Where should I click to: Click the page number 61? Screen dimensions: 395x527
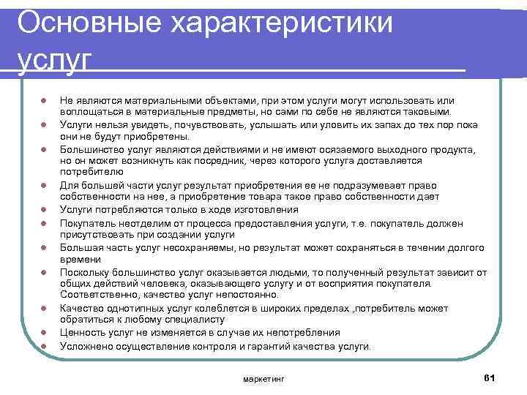(x=490, y=377)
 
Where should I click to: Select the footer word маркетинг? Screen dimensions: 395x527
(x=263, y=379)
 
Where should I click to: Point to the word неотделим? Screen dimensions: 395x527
(x=139, y=222)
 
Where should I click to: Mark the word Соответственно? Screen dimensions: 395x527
(x=97, y=295)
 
